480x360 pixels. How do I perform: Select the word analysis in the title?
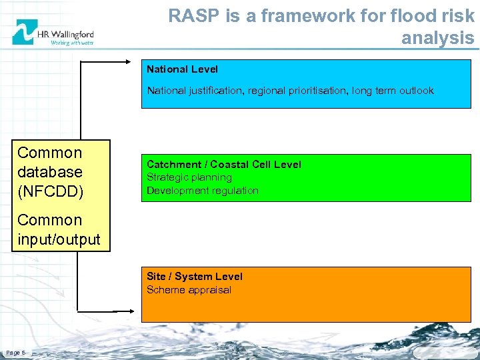tap(437, 38)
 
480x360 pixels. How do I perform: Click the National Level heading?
tap(182, 69)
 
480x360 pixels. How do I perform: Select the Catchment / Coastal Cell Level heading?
tap(223, 164)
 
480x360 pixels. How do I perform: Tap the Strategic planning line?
tap(189, 177)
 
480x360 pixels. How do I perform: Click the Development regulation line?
tap(202, 191)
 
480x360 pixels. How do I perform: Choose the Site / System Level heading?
tap(194, 276)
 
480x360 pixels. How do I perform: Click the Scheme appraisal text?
tap(189, 289)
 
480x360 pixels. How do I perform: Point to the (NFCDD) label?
tap(51, 192)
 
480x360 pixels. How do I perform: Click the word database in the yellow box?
tap(50, 172)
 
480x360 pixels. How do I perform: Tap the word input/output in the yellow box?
tap(59, 239)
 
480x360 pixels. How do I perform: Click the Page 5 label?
tap(15, 352)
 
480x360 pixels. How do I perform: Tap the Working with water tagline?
tap(72, 42)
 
